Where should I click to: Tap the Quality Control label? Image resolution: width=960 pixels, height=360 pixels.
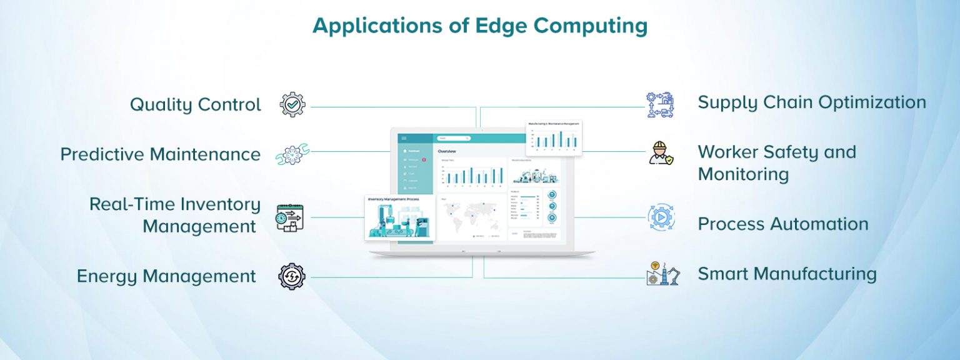click(196, 104)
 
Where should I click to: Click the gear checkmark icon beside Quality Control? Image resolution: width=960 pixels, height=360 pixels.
click(292, 104)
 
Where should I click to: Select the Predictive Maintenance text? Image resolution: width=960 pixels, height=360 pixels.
click(161, 154)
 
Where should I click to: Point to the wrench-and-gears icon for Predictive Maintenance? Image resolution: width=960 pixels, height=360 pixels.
click(292, 154)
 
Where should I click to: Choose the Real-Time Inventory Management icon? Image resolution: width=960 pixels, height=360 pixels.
click(290, 217)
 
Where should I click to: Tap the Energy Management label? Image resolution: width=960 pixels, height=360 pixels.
click(166, 276)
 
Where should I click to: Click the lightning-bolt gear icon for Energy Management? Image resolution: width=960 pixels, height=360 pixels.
click(292, 276)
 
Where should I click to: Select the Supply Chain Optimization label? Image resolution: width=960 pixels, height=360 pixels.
click(811, 102)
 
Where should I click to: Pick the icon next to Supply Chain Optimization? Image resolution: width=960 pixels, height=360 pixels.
click(660, 105)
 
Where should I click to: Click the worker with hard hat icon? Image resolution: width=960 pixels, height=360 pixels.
click(660, 153)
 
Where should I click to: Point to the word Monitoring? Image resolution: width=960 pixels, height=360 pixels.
click(743, 174)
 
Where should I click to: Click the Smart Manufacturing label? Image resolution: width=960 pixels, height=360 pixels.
click(787, 274)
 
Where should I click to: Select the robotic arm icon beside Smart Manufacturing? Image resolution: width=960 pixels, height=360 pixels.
click(662, 274)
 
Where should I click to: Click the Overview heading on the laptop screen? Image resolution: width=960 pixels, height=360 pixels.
click(447, 151)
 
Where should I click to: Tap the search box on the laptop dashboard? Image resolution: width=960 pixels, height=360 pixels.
click(454, 138)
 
